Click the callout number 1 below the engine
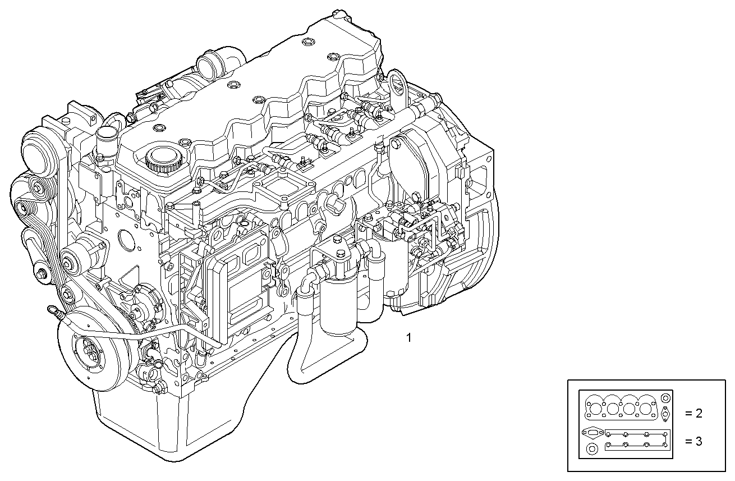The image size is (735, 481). (408, 337)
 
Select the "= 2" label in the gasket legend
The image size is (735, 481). (693, 414)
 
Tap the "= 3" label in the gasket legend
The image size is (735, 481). (693, 441)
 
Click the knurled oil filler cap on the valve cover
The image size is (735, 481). (163, 159)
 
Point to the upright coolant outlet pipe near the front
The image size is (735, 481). (104, 139)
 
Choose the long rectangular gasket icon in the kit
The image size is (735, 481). (637, 440)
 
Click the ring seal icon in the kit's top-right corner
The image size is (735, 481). (665, 397)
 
